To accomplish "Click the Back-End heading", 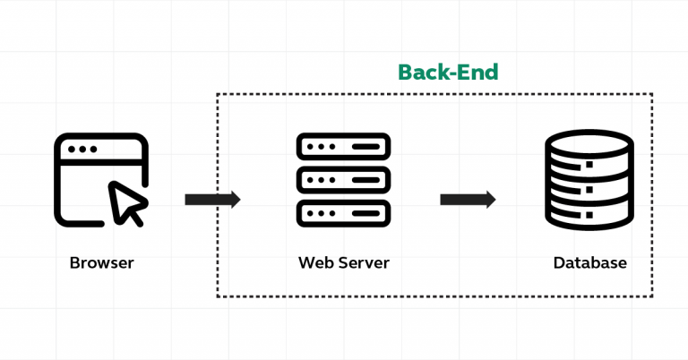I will [447, 72].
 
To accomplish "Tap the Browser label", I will [101, 263].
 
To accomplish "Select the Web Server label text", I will [344, 263].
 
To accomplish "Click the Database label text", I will [589, 263].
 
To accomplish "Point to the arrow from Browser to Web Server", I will [212, 199].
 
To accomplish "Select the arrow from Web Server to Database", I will [468, 199].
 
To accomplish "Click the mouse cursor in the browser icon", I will [126, 202].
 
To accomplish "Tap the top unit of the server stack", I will [344, 146].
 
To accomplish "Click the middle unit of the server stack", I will [344, 179].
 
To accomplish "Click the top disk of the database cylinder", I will [589, 141].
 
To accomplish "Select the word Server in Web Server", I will [364, 263].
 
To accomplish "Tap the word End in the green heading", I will [477, 72].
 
